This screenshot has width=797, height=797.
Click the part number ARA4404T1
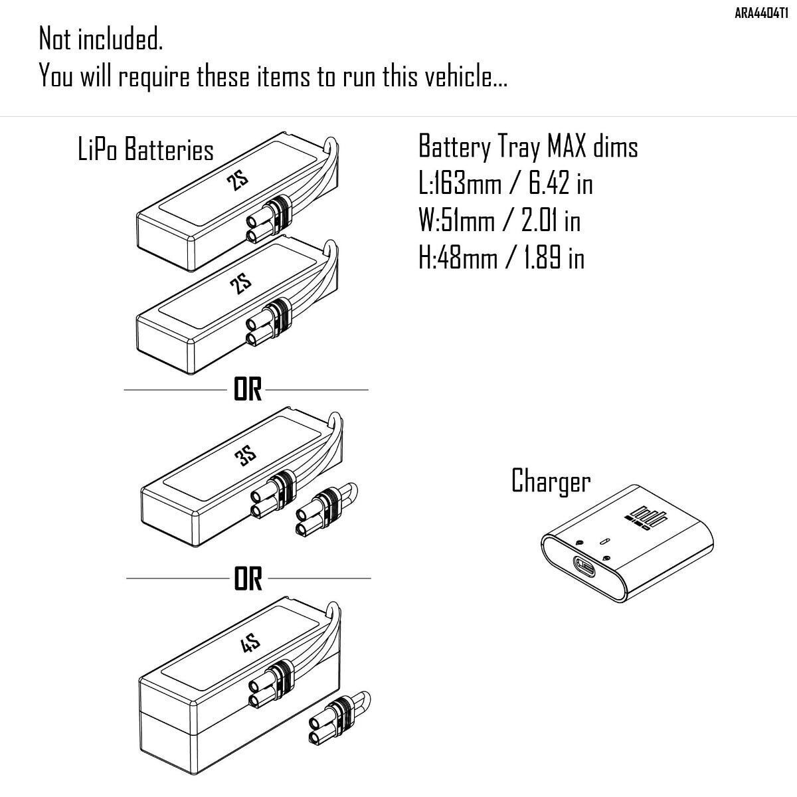(761, 11)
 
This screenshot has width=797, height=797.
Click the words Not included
(101, 40)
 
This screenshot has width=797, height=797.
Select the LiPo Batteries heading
(145, 150)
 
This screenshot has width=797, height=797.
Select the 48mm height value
(466, 258)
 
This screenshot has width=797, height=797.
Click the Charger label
(551, 480)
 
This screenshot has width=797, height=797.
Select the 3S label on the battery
(244, 456)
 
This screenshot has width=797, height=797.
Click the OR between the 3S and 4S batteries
(248, 579)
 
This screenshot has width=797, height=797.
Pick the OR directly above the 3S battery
(248, 391)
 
